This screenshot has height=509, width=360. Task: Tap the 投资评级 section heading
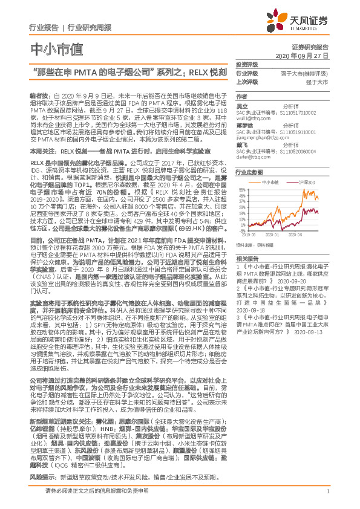tap(246, 65)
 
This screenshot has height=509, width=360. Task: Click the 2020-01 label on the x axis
tap(272, 234)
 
